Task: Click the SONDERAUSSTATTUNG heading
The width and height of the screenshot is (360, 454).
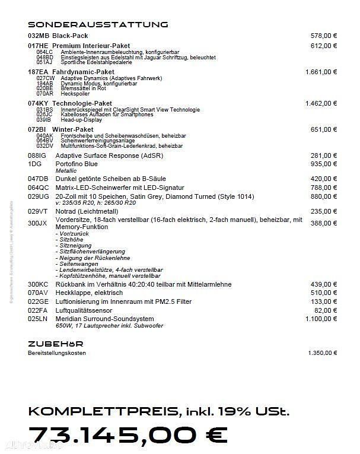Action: [x=98, y=24]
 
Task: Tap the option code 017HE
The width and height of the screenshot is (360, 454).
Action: [x=38, y=46]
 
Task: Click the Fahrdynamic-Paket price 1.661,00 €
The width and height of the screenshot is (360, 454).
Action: [x=321, y=72]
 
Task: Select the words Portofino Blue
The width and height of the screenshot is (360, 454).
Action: [x=77, y=164]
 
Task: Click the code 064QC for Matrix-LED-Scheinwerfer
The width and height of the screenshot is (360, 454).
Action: [x=38, y=188]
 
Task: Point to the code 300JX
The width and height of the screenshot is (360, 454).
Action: [x=37, y=223]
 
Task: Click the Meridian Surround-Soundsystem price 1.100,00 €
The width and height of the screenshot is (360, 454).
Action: [x=321, y=319]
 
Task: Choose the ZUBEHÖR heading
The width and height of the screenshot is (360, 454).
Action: [x=55, y=344]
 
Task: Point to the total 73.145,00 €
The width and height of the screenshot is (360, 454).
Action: [x=128, y=435]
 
